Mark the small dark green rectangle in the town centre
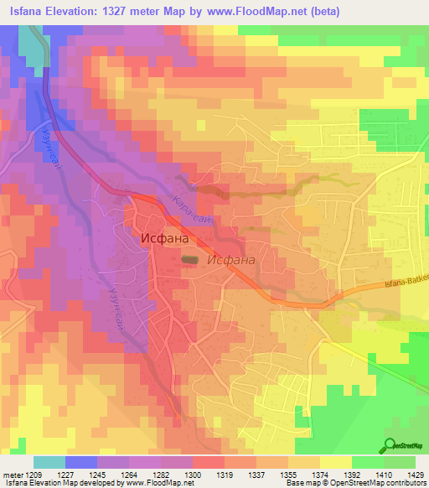191,261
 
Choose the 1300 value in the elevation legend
191,474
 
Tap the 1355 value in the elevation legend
287,474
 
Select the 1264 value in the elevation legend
127,474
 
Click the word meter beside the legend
13,474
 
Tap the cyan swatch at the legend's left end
49,462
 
